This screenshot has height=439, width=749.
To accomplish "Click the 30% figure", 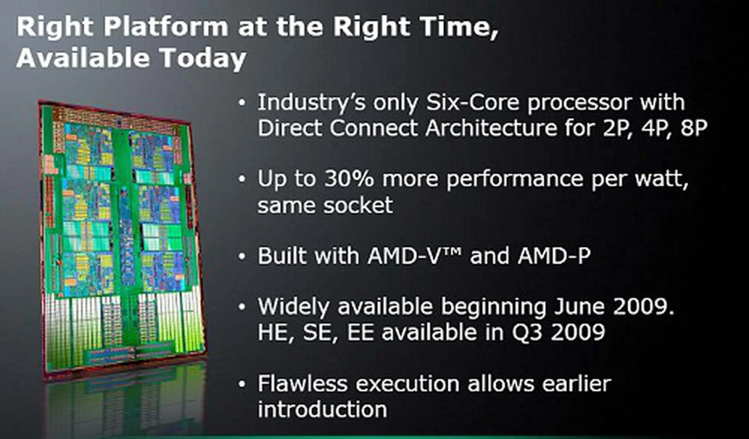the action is pos(349,179).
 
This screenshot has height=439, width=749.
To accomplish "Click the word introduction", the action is pos(323,409).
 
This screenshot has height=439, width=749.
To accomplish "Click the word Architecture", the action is pos(491,128).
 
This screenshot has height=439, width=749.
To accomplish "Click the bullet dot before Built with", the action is pos(242,256).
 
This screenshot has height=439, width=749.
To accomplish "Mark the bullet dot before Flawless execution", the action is pos(242,384).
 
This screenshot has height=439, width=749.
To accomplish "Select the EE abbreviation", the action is pos(361,333).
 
